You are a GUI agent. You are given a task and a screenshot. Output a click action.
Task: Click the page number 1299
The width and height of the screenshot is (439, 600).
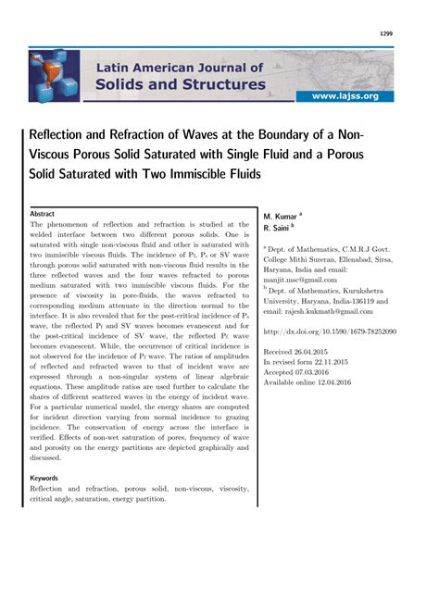[386, 34]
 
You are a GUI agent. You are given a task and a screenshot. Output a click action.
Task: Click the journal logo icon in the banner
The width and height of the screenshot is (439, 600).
[54, 77]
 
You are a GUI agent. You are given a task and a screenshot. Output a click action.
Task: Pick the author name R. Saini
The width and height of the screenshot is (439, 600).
[279, 227]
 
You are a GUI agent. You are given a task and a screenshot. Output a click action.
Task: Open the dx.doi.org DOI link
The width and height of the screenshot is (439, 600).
[343, 332]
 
